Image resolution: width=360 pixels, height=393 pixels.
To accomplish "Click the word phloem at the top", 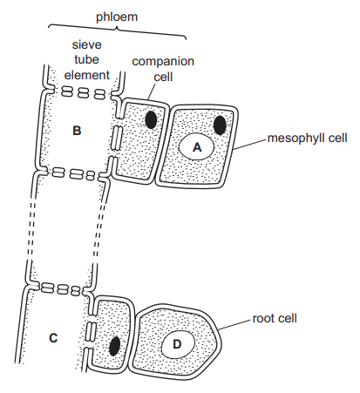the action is point(117,17).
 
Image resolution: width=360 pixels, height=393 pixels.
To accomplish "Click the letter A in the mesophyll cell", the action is point(197,147).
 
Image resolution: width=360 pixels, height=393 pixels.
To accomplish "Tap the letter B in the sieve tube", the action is point(77,131).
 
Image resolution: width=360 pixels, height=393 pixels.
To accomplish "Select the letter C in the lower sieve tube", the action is point(53,338).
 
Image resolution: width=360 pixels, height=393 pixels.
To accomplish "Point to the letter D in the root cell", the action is point(177,344).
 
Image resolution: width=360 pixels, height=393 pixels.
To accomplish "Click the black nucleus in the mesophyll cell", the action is point(220,125).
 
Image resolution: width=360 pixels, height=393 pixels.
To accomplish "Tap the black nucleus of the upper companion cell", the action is point(151,119).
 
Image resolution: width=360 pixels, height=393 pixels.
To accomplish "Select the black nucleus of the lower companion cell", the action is point(114,346).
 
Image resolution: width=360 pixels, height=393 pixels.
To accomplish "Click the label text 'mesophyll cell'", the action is point(308,139).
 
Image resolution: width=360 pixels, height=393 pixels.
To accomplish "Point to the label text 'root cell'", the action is point(275,318).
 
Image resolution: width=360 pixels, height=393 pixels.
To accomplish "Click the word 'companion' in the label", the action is point(163,62).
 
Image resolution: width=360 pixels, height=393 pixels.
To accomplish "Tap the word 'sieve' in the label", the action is point(87,44).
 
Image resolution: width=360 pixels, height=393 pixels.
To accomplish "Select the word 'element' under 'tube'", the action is point(87,75).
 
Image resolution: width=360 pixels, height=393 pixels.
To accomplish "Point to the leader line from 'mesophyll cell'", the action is point(249,145).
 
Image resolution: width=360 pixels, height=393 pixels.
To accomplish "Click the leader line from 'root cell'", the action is point(234,325).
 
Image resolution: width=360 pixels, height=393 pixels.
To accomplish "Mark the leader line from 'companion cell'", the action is point(152,91).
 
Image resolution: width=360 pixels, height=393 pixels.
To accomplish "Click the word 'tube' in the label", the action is point(87,59).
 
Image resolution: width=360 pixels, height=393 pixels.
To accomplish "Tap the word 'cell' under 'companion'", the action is point(163,77).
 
